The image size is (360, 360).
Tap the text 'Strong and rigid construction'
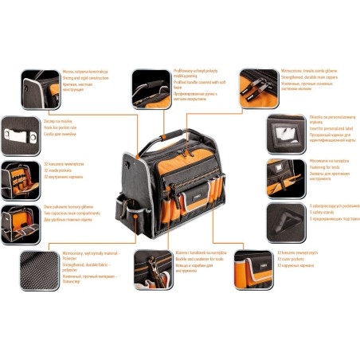point(84,76)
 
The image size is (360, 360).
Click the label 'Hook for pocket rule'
point(66,125)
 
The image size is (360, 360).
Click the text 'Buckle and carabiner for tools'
point(199,259)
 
